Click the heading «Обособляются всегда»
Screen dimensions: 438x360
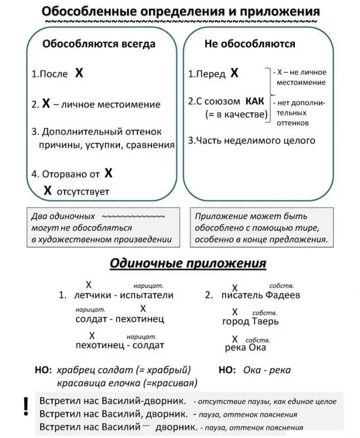coord(99,43)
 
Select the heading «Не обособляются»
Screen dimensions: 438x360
coord(250,43)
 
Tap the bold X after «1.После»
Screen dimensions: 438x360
coord(79,73)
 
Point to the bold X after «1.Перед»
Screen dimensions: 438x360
coord(234,73)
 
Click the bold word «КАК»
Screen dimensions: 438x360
coord(255,101)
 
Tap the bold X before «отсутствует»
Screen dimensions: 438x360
coord(48,190)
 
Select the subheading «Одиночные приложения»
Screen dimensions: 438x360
coord(188,264)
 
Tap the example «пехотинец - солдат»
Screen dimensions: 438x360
coord(119,345)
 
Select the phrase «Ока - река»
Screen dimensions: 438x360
coord(267,370)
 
